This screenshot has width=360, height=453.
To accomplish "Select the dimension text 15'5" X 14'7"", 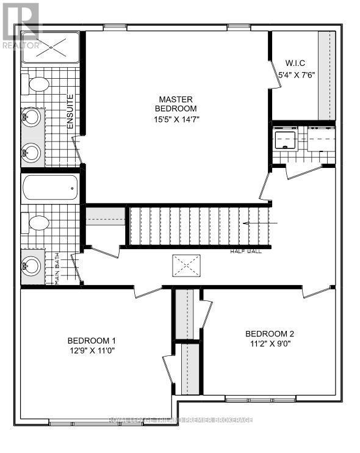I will pyautogui.click(x=176, y=120).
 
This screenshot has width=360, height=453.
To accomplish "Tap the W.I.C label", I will pyautogui.click(x=295, y=63).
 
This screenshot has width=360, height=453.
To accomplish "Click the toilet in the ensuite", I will pyautogui.click(x=38, y=85).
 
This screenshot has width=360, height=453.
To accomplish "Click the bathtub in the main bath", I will pyautogui.click(x=50, y=189).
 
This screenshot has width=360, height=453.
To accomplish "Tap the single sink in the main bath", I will pyautogui.click(x=32, y=266).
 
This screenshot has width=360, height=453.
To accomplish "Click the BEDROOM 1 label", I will pyautogui.click(x=92, y=341).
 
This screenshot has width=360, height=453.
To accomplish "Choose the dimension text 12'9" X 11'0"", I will pyautogui.click(x=92, y=351).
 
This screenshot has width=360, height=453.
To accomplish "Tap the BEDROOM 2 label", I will pyautogui.click(x=270, y=333).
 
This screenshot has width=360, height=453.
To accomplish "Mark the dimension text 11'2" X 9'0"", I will pyautogui.click(x=270, y=344).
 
